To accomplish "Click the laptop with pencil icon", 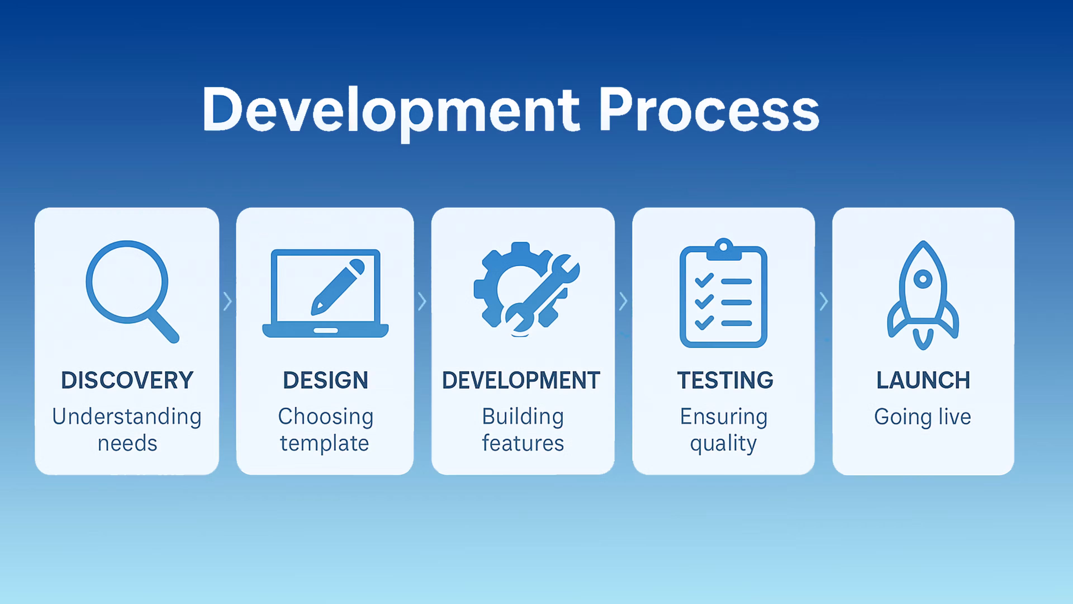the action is coord(325,293).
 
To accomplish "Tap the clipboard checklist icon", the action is coord(723,293).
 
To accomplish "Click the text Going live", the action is coord(923,417).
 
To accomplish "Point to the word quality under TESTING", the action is coord(723,443).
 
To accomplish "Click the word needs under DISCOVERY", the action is coord(127,443).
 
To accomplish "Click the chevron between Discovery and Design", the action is coord(227,301).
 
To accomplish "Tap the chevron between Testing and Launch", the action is coord(823,301).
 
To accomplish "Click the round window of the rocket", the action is coord(923,279).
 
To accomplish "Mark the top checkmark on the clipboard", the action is coord(704,280).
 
